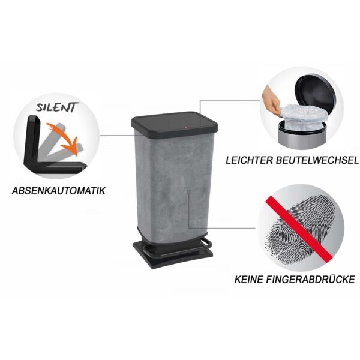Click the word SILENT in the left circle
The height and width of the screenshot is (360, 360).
(x=58, y=107)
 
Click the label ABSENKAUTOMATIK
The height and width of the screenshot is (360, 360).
(x=59, y=191)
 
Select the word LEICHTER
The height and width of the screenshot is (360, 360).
(x=249, y=160)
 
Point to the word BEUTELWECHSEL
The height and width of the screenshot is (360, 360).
(x=317, y=160)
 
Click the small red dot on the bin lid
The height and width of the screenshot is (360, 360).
(x=186, y=127)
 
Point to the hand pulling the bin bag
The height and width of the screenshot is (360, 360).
(x=272, y=100)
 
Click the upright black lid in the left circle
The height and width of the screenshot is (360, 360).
(x=32, y=140)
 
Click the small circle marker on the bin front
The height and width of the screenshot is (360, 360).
(x=188, y=191)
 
